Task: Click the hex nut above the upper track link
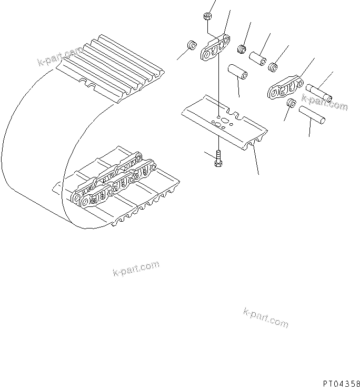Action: pos(206,18)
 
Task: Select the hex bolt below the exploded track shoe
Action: pos(218,158)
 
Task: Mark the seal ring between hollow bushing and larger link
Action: pos(274,67)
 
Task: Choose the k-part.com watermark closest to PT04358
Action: pos(265,317)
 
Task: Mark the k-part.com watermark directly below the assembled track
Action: pos(136,269)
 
